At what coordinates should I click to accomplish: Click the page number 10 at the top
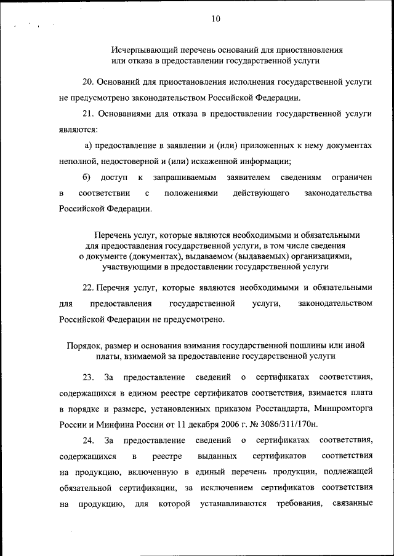point(214,19)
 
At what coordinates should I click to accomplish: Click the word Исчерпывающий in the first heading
point(140,50)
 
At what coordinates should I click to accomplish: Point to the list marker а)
point(88,146)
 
